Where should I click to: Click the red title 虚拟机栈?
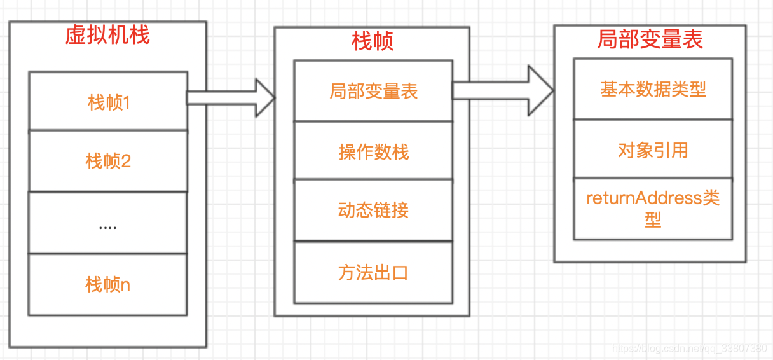(107, 35)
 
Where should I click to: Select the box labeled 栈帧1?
(108, 101)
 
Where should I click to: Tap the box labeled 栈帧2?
(108, 161)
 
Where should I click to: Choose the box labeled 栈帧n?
(108, 284)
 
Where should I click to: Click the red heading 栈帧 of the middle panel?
(373, 41)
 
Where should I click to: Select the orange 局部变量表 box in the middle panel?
(373, 91)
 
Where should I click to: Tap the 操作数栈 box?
(373, 151)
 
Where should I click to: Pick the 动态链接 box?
(373, 210)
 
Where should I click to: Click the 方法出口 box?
(373, 272)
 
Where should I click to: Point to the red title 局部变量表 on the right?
(650, 39)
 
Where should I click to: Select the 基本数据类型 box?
(653, 89)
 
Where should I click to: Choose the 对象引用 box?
(653, 149)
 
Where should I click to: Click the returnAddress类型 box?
(653, 209)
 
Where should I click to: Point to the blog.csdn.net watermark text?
(689, 349)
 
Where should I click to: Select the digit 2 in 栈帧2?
(126, 162)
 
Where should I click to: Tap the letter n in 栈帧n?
(125, 285)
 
